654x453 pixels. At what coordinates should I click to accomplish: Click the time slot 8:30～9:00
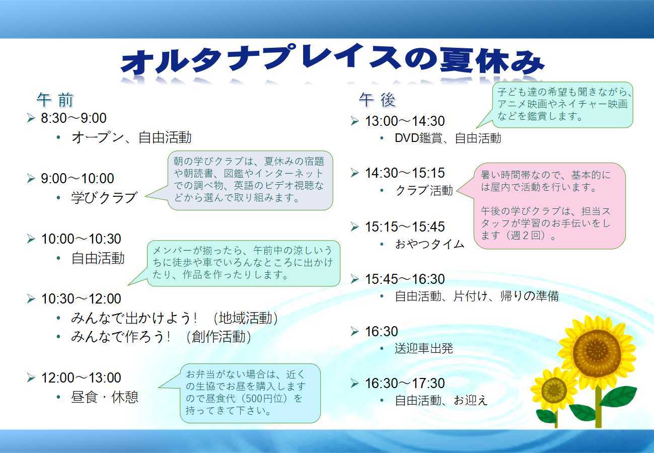coord(74,118)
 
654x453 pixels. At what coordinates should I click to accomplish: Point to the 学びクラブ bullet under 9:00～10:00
coord(104,197)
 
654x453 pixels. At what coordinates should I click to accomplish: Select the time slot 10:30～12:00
coord(81,299)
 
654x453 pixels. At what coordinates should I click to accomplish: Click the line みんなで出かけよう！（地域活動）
coord(174,318)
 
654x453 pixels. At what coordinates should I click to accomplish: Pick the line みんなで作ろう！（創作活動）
coord(161,337)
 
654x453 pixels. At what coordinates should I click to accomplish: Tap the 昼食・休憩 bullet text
coord(104,397)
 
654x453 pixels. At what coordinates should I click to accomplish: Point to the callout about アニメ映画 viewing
coord(562,105)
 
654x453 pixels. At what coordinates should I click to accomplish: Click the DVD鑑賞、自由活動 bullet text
coord(448,138)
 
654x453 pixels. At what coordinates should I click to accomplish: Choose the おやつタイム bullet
coord(429,244)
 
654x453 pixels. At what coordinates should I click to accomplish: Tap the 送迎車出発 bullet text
coord(423,348)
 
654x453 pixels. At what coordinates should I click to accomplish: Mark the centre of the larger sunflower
coord(597,348)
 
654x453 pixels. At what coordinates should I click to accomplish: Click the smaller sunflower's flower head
coord(554,389)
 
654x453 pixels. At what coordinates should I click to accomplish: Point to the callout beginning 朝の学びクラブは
coord(250,180)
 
